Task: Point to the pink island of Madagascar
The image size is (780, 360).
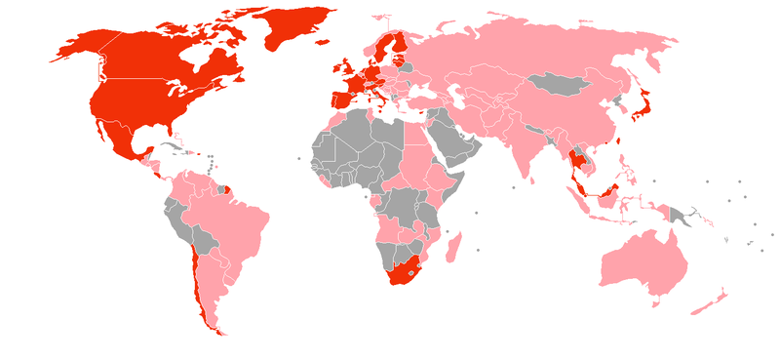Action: pyautogui.click(x=452, y=245)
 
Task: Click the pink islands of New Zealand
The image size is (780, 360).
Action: pyautogui.click(x=709, y=303)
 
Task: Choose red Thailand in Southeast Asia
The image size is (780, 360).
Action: pyautogui.click(x=577, y=161)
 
